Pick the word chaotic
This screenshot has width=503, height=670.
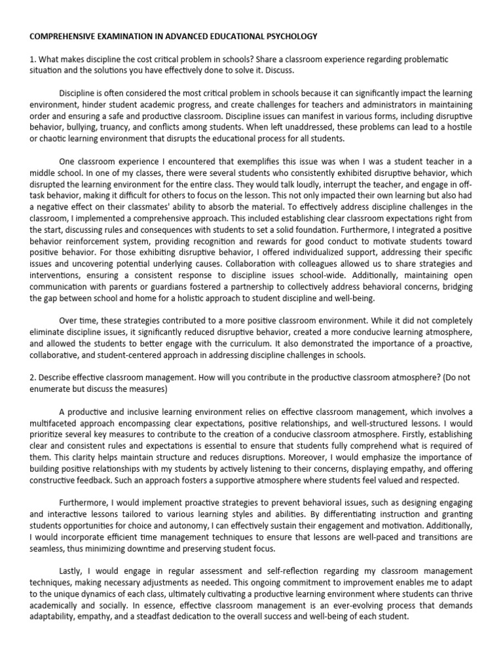[x=47, y=139]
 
